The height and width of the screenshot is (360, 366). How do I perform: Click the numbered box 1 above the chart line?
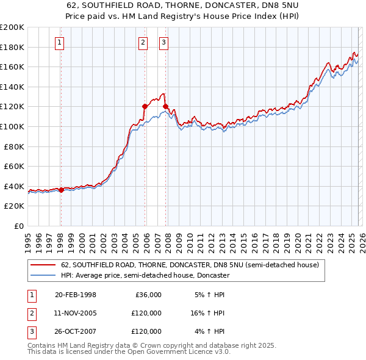(x=60, y=42)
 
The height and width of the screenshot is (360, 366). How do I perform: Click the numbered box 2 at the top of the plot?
(x=143, y=42)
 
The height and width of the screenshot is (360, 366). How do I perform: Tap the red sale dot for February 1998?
(x=61, y=190)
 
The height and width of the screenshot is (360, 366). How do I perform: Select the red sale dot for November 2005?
(x=145, y=106)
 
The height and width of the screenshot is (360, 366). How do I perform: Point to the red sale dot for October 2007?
(x=165, y=106)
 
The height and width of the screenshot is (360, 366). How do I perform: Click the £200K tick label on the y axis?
(x=12, y=27)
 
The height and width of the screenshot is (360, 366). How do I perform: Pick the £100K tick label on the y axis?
(x=12, y=126)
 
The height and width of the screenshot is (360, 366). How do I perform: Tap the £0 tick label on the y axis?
(x=18, y=226)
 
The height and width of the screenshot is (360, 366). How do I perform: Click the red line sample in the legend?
(x=43, y=265)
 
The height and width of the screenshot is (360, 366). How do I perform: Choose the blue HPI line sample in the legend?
(x=43, y=276)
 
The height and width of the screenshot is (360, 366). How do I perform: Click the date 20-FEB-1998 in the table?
(x=76, y=295)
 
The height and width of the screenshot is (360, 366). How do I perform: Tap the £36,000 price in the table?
(x=148, y=295)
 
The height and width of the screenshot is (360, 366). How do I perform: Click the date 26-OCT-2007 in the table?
(x=76, y=331)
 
